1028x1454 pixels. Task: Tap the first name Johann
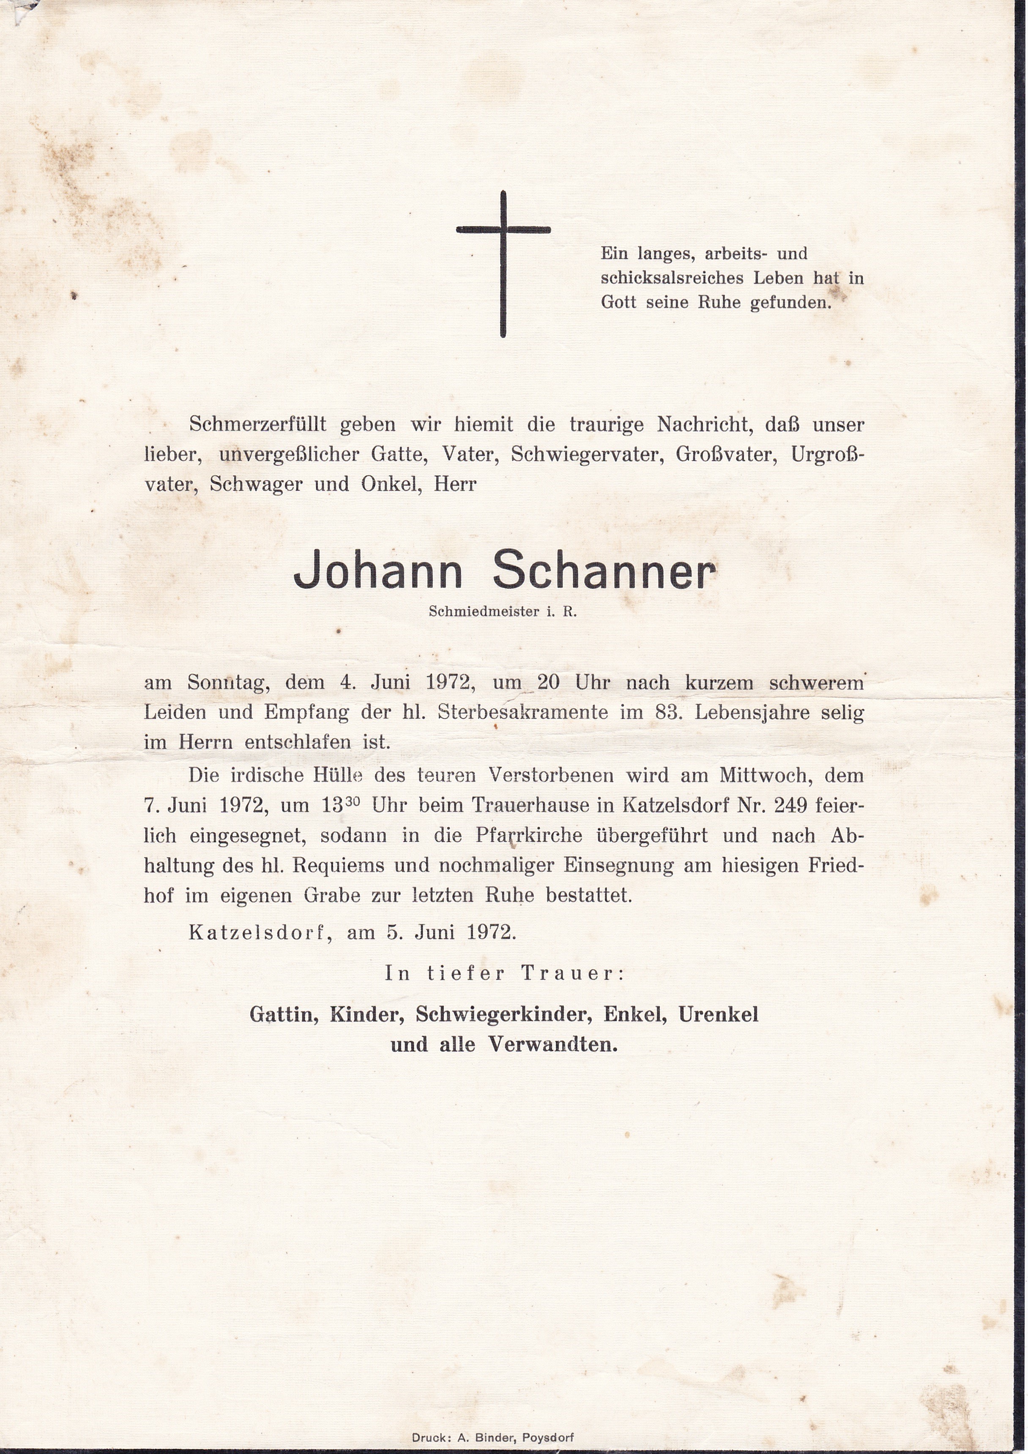(378, 574)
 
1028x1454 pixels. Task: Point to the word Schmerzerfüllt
(257, 424)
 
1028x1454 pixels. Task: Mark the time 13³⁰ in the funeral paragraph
(342, 805)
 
